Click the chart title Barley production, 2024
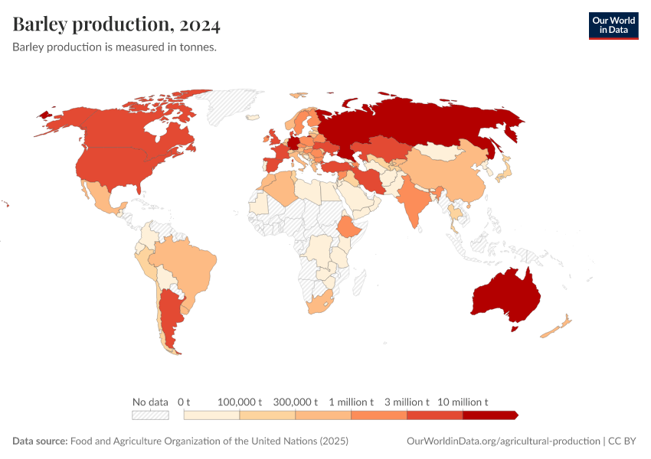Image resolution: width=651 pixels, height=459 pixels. [116, 24]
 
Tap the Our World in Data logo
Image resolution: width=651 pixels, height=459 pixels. [613, 25]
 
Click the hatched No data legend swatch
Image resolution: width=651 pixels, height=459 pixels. [150, 415]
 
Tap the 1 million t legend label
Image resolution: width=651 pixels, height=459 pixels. [352, 402]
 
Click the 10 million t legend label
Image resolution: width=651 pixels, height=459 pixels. [463, 402]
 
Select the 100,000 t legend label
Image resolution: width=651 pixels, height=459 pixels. [240, 402]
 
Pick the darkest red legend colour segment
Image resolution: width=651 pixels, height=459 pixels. [490, 415]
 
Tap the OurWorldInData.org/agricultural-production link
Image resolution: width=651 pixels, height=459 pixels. [502, 441]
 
